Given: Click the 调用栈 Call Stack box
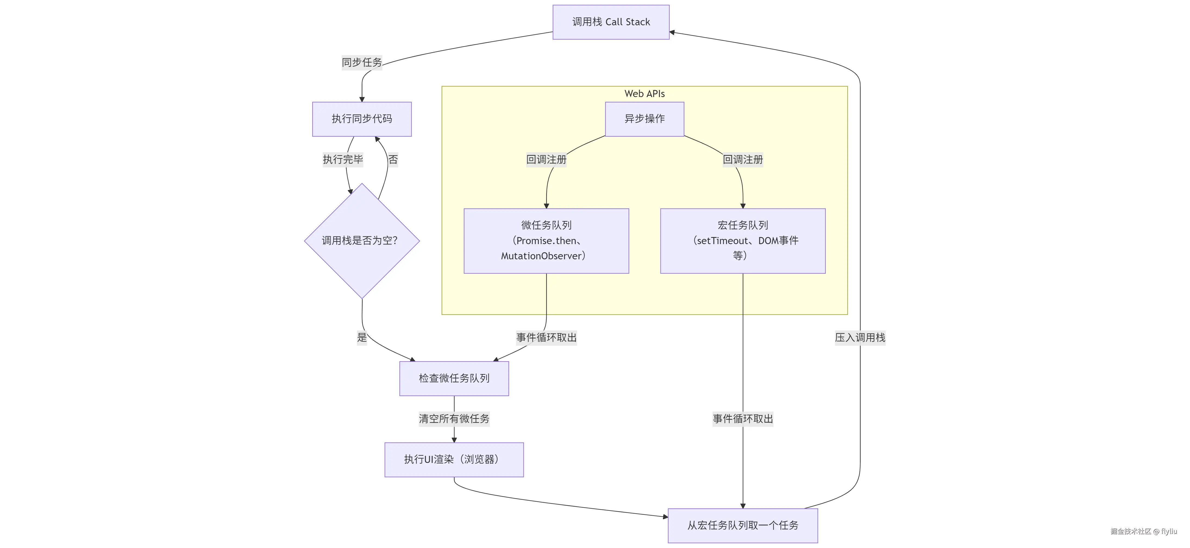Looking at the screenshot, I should [611, 22].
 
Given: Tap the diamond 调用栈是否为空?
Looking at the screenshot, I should [362, 241].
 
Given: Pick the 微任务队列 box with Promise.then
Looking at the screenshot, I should [546, 241].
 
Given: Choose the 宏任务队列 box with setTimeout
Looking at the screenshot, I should [742, 241].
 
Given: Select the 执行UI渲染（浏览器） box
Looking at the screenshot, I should [454, 460].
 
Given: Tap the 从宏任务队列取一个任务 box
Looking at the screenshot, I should [742, 526].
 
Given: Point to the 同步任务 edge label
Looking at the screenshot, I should [362, 62].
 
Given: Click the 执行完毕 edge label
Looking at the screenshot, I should [343, 159].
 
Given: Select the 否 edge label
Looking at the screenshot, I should [393, 159].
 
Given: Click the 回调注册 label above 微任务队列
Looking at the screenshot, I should [546, 159].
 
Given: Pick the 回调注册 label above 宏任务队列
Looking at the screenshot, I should [742, 159].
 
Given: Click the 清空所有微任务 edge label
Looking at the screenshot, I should [454, 419].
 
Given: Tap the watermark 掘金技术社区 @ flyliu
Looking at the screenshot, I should [1143, 531].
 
